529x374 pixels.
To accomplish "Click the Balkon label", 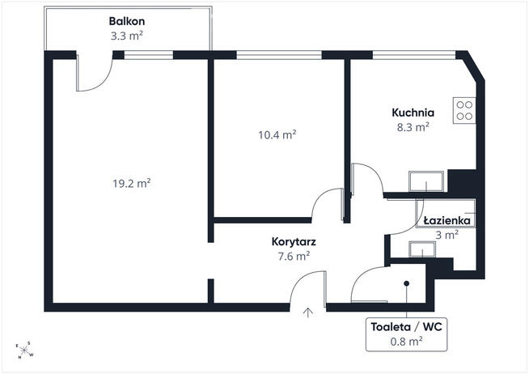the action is click(127, 21).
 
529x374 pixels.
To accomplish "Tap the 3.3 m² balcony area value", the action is click(127, 36).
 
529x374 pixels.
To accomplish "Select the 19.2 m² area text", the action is click(132, 183).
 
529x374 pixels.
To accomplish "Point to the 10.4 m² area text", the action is click(277, 135).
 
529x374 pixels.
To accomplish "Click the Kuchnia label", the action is click(413, 113).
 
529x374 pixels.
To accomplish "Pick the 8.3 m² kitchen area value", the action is click(413, 127).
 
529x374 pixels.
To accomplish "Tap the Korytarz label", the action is click(294, 242).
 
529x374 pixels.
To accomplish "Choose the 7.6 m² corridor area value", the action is click(294, 257).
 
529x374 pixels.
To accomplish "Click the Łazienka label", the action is click(447, 221).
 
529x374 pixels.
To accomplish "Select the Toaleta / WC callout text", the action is click(407, 327).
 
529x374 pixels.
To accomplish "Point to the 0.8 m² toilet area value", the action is click(407, 342).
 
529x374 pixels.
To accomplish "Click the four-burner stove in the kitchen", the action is click(464, 110).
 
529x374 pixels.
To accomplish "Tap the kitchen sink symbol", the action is click(426, 181).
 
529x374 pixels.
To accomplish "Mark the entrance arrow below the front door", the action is click(307, 312).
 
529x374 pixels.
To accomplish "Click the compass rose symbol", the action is click(24, 351).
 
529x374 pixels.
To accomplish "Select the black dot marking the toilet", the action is click(407, 283).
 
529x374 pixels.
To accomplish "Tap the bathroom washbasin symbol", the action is click(422, 249).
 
